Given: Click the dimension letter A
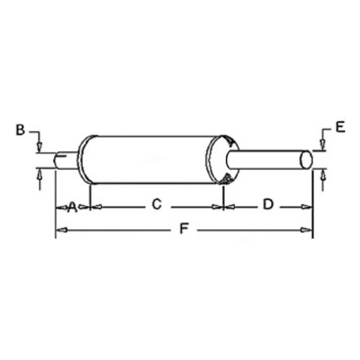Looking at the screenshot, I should click(72, 206).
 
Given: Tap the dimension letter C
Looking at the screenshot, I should click(156, 204).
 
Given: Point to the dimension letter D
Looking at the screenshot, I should click(268, 204).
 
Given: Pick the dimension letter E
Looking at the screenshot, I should click(340, 127).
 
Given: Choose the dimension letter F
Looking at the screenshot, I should click(183, 228).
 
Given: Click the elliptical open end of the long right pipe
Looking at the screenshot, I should click(306, 159).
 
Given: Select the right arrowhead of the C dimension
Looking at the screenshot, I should click(217, 207).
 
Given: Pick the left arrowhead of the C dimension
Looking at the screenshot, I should click(97, 207).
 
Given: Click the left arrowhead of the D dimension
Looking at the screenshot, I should click(230, 207).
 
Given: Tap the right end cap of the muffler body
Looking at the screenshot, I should click(223, 160).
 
